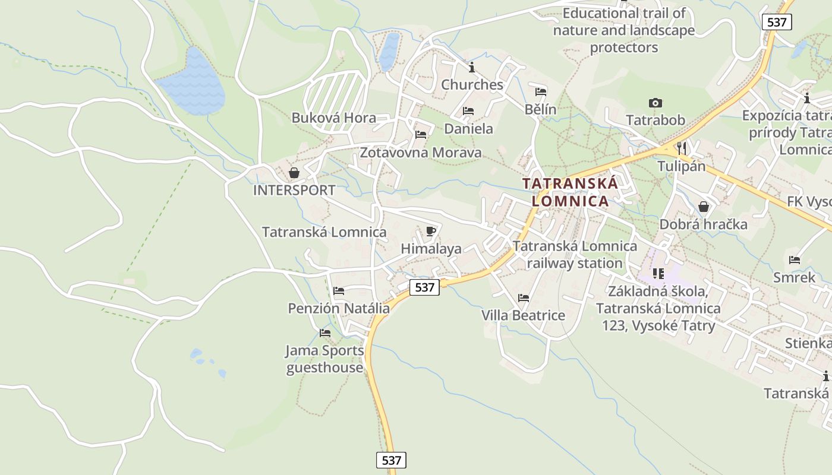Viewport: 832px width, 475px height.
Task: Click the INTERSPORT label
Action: pos(294,190)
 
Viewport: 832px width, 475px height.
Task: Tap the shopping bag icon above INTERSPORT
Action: pos(294,173)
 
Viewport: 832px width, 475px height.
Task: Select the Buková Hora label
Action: pos(333,118)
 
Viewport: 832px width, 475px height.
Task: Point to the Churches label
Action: pos(472,84)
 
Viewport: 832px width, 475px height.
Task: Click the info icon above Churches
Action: pos(472,67)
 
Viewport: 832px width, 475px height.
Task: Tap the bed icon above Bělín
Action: pos(541,92)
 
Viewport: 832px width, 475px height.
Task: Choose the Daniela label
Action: pos(468,128)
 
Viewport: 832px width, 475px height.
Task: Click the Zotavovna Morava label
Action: pos(421,153)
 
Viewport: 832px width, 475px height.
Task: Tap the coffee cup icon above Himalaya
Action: pos(431,231)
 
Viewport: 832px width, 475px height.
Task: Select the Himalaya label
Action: pos(431,248)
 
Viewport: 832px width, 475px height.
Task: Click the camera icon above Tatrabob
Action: pos(655,103)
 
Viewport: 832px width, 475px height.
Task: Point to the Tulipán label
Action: pos(682,166)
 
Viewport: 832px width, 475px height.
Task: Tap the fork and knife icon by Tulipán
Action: pos(682,148)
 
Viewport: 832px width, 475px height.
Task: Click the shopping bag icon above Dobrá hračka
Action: pos(704,207)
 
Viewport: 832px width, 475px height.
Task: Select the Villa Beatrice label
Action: pos(523,315)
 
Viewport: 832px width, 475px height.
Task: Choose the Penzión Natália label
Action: pos(339,308)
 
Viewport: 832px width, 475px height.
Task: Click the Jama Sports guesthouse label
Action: pos(324,359)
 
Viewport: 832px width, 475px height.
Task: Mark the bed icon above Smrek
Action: pos(794,259)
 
